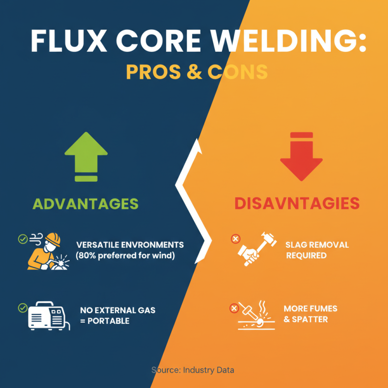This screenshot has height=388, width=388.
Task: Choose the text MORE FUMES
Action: coord(310,309)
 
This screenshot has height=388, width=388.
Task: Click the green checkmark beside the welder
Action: coord(22,239)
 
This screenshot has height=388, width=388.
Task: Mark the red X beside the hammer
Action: coord(235,239)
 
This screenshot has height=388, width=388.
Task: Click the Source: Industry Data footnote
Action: coord(193,370)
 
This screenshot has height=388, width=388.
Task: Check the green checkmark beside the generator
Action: coord(22,307)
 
